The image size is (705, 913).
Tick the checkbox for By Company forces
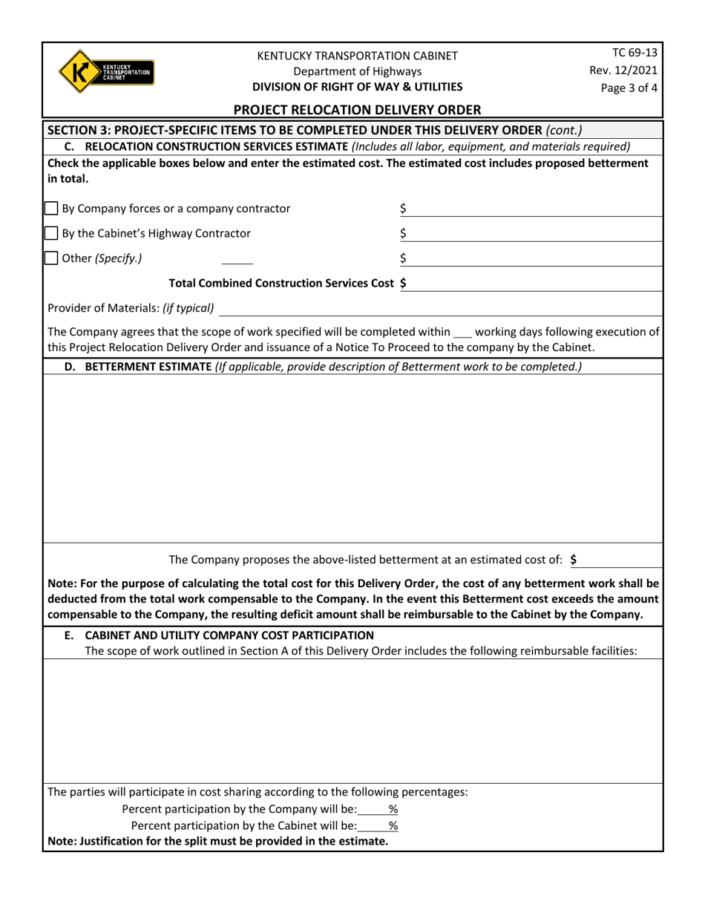52,209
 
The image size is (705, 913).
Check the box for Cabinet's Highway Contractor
52,234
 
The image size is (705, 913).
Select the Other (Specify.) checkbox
52,258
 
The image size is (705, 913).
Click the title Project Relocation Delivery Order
357,110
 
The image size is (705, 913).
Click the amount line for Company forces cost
534,210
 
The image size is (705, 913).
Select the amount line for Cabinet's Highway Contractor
534,235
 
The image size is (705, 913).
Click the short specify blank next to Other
237,260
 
